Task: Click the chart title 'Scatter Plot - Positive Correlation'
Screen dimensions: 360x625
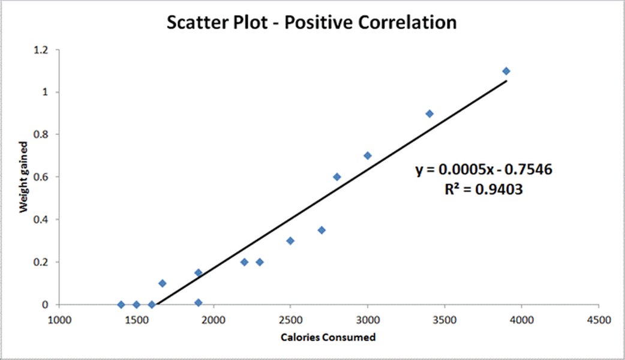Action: coord(311,23)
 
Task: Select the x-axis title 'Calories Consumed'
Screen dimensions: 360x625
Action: coord(328,337)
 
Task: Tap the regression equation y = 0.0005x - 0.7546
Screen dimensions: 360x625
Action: coord(484,170)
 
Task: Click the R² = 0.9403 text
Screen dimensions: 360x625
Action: coord(484,190)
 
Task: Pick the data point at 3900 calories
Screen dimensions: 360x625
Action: coord(506,71)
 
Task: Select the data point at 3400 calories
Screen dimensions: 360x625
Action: coord(429,113)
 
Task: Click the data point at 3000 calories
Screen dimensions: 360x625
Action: coord(368,155)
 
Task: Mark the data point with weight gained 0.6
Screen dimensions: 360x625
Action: coord(337,177)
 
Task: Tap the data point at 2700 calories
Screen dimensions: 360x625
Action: coord(321,230)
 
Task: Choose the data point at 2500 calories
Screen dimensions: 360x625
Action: coord(290,241)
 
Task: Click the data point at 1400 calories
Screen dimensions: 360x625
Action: coord(121,305)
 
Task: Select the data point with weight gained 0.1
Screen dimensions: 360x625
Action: coord(162,283)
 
